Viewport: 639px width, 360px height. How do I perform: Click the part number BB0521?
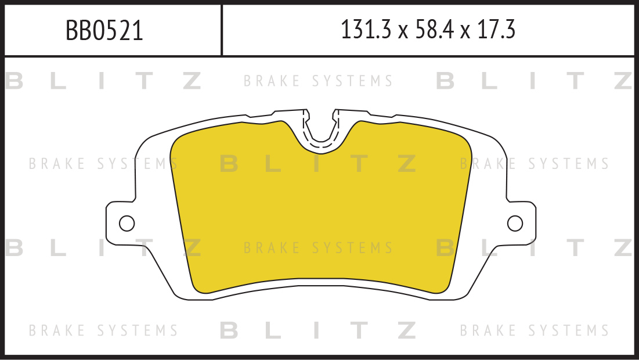(104, 31)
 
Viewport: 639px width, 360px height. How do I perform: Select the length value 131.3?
(366, 30)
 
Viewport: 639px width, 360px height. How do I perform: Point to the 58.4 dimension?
(435, 30)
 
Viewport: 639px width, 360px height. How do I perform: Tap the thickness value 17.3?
(496, 30)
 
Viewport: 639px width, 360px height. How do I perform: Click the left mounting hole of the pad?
(127, 224)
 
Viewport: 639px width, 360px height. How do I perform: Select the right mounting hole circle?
(515, 224)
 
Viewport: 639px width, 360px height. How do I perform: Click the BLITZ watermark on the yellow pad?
(318, 164)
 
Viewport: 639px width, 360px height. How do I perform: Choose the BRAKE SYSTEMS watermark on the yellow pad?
(318, 248)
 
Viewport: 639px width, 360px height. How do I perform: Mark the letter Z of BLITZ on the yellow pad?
(407, 164)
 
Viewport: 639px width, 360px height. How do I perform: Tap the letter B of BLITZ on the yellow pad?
(229, 164)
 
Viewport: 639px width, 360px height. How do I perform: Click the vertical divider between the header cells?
(222, 30)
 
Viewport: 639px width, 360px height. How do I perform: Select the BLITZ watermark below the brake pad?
(318, 330)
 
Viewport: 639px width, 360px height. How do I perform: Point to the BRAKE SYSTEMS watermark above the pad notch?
(318, 81)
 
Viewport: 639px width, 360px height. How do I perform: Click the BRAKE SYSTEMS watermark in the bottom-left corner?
(103, 330)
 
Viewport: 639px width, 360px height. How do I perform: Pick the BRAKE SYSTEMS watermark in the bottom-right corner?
(535, 330)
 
